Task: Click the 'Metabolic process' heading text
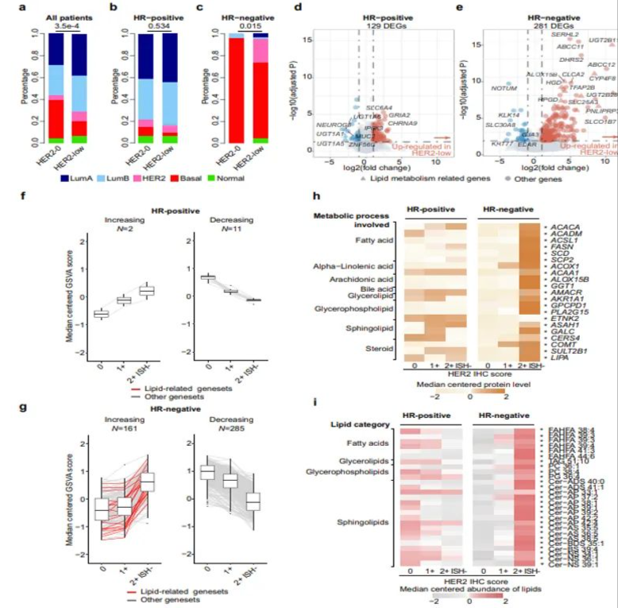(x=352, y=215)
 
